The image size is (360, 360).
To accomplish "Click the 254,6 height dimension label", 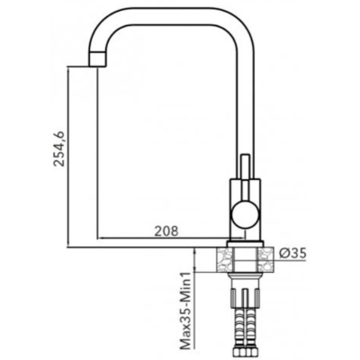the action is tap(58, 148).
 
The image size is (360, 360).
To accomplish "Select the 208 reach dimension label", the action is tap(166, 230).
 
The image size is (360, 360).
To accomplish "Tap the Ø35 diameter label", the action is tap(292, 254).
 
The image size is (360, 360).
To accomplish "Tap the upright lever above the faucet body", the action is tap(246, 166).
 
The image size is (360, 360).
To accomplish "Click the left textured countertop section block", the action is tap(224, 259).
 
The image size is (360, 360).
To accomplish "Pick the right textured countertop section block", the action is tap(265, 259).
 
